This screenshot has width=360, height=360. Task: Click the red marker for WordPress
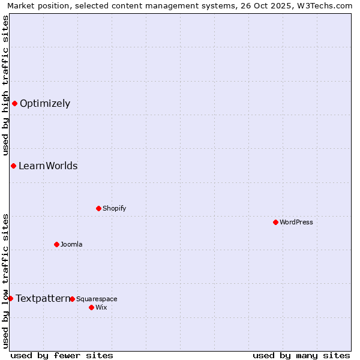(275, 222)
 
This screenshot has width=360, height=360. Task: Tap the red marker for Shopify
(98, 208)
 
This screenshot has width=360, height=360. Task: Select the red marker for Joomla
(56, 244)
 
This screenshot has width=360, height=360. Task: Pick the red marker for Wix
(91, 307)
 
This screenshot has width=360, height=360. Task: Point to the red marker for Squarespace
(72, 299)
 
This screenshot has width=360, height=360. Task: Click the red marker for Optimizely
(14, 103)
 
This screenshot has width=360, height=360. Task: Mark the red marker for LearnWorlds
(13, 166)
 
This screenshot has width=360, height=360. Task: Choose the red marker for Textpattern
(10, 298)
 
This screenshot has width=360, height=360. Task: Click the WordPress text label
(296, 222)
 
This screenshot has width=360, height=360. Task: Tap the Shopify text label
(114, 208)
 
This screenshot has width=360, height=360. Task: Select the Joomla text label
(71, 244)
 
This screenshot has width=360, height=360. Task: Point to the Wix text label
(101, 307)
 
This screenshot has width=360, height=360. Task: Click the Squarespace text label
(97, 299)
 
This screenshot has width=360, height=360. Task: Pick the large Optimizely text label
(45, 103)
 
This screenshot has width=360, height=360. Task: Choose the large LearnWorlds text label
(48, 166)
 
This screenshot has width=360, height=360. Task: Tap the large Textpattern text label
(43, 298)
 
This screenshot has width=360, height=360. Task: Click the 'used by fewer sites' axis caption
(62, 355)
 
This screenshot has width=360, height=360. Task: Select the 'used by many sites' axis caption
(301, 355)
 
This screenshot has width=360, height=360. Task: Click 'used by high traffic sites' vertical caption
(5, 85)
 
